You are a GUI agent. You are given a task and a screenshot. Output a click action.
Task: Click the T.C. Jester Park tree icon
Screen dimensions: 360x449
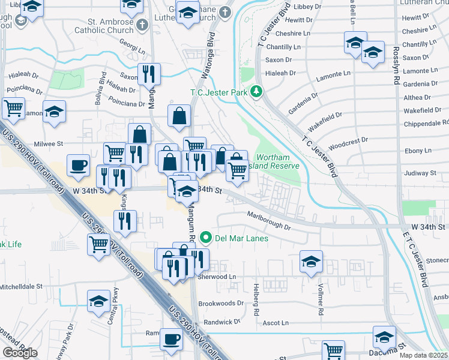coord(257,92)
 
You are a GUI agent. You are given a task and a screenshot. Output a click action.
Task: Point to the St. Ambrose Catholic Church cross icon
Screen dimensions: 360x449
coord(142,25)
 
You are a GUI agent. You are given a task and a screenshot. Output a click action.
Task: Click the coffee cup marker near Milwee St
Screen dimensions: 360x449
coord(78,165)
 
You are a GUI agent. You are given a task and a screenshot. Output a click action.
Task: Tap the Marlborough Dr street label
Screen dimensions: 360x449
coord(268,221)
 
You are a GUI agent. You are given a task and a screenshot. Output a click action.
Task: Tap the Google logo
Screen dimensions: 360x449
coord(20,352)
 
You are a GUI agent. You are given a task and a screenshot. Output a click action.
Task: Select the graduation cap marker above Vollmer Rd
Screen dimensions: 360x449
coord(311,262)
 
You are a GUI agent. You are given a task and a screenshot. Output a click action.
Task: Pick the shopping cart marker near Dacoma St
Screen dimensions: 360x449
coord(333,351)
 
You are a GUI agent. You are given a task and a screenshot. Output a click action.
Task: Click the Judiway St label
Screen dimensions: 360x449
coord(420,173)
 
